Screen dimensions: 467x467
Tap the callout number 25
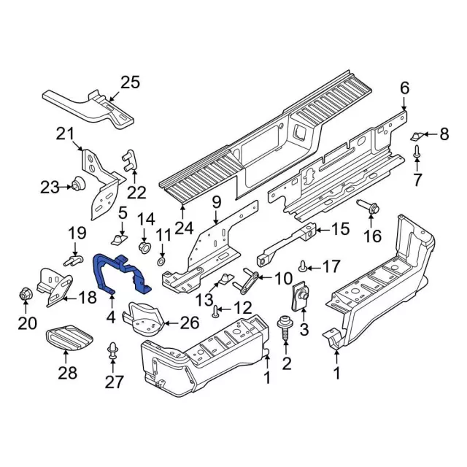coord(128,82)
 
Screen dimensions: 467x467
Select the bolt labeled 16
coord(368,208)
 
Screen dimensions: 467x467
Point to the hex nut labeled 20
coord(24,296)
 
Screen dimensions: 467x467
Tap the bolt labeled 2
coord(286,326)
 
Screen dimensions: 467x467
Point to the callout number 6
coord(405,89)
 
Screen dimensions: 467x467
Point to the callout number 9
coord(216,201)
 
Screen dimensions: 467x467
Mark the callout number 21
coord(66,134)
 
